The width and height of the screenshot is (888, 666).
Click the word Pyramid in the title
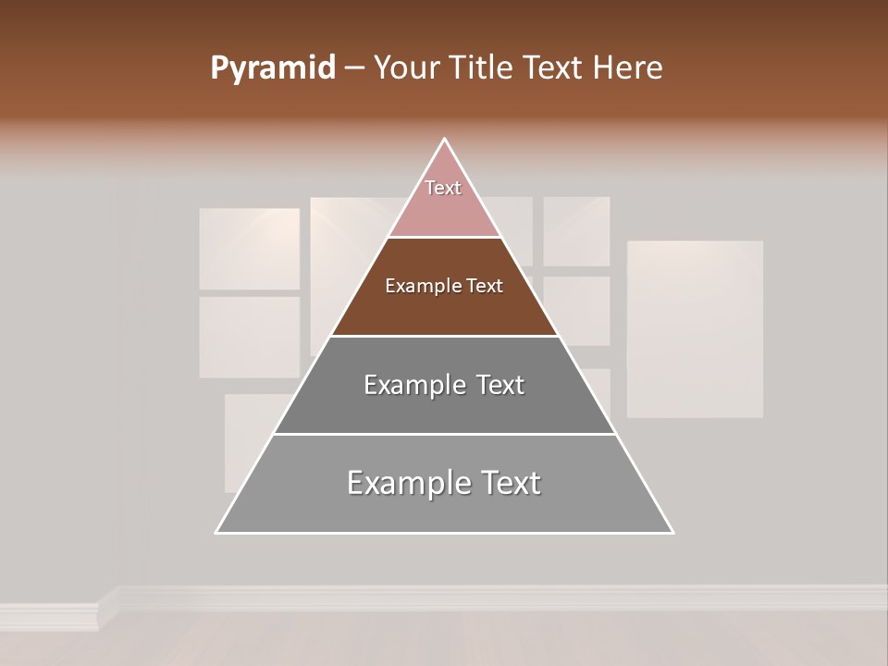tap(273, 68)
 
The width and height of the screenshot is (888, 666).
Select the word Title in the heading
tap(482, 68)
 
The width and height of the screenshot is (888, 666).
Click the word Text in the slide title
tap(553, 68)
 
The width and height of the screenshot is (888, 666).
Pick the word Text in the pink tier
tap(443, 188)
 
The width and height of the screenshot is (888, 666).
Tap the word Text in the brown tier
tap(485, 287)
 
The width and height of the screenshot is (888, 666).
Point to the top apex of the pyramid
tap(445, 140)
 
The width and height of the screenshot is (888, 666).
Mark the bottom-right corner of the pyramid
tap(672, 532)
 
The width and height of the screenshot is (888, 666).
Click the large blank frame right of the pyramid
tap(695, 328)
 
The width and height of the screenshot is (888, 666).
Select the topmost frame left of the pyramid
tap(250, 248)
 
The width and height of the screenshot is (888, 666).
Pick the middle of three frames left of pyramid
tap(250, 337)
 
